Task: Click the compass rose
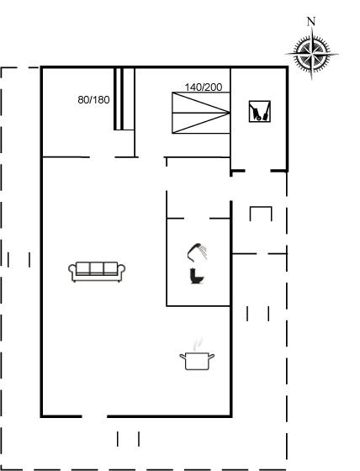[311, 54]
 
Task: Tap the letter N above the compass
[311, 21]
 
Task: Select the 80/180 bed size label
[93, 100]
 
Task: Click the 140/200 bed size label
[204, 87]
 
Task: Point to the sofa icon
[97, 272]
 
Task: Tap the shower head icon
[198, 252]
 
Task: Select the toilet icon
[197, 276]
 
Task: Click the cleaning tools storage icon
[260, 111]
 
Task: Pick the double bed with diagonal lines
[201, 113]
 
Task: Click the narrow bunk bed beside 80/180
[124, 99]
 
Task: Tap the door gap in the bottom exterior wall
[95, 416]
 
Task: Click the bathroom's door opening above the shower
[197, 219]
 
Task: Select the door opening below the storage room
[258, 171]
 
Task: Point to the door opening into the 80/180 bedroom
[102, 157]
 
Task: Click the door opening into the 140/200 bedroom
[151, 157]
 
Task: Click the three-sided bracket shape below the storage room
[261, 207]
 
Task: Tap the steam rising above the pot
[198, 344]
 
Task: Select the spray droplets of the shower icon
[204, 251]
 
